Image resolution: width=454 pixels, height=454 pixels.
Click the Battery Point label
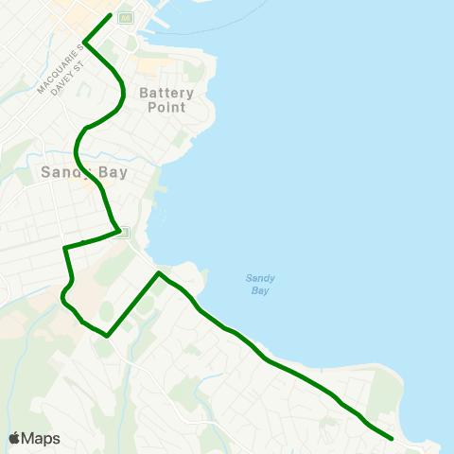(x=166, y=100)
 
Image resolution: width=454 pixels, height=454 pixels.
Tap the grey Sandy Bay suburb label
(x=84, y=172)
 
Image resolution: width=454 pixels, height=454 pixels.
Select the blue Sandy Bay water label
(x=260, y=284)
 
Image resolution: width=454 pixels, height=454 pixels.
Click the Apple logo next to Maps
(x=14, y=438)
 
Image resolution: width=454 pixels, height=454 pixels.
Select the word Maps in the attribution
(x=42, y=438)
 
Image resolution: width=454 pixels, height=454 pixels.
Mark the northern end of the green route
(x=111, y=14)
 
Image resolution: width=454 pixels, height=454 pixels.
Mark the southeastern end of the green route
(x=392, y=438)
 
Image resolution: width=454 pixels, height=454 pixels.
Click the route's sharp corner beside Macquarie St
(x=86, y=42)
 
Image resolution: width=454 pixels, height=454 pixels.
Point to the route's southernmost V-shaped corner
(x=108, y=335)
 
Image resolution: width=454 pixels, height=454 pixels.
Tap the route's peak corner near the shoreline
(x=160, y=273)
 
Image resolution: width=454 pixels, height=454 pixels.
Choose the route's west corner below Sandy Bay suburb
(x=64, y=248)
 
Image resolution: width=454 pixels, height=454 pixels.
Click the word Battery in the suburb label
(x=166, y=93)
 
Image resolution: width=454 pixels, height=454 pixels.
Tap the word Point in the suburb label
(x=166, y=108)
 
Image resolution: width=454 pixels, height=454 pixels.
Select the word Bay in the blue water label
(x=260, y=290)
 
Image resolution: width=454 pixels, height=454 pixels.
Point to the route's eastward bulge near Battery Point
(x=124, y=92)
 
